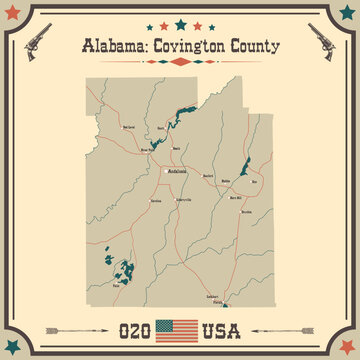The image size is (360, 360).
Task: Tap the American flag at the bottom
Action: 180,326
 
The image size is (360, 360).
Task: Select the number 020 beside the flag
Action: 135,327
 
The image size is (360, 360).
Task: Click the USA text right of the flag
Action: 225,327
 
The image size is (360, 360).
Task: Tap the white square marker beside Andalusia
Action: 165,171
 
